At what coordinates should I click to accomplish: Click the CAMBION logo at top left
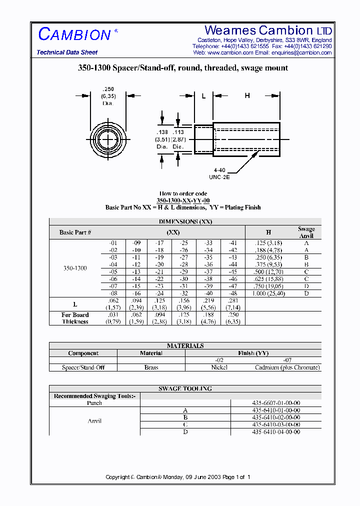74,34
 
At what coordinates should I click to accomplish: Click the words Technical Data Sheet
67,52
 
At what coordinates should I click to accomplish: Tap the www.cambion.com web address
230,52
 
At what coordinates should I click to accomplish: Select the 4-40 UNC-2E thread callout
218,173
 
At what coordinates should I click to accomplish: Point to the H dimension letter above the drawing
247,95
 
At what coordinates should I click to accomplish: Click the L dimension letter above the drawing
203,96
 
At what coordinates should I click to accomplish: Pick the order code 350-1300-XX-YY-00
182,200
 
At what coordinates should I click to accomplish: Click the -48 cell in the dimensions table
233,293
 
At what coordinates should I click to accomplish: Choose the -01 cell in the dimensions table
113,242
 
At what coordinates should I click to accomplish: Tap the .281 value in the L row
233,300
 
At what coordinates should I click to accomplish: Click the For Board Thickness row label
75,318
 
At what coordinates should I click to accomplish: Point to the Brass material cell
151,367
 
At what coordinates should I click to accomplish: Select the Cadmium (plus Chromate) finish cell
287,367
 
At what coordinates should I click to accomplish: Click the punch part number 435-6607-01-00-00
276,403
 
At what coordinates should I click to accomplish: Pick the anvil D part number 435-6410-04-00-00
276,431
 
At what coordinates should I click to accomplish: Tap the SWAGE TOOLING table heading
185,388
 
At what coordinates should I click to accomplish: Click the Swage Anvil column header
306,232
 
